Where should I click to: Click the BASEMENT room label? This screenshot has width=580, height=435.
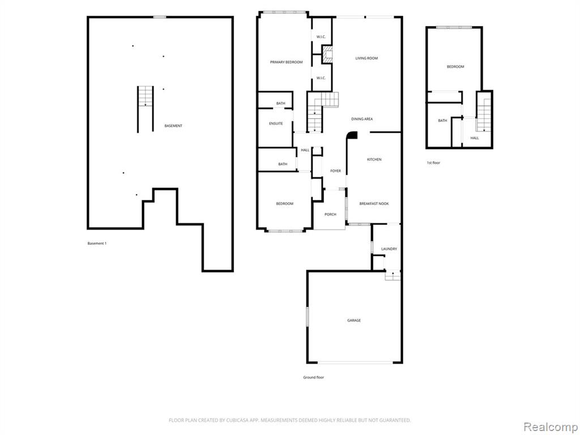pos(173,126)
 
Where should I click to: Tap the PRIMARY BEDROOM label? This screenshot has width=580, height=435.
pos(286,62)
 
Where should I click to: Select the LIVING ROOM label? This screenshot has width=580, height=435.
pos(366,58)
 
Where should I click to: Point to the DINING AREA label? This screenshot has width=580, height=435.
pos(362,119)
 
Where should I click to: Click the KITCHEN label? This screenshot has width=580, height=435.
pos(374,159)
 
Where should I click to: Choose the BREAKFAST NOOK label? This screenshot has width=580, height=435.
pos(374,203)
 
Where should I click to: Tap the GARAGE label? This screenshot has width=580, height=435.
pos(354,321)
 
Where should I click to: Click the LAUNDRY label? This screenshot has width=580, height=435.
pos(389,249)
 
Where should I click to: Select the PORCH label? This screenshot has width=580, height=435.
pos(330,215)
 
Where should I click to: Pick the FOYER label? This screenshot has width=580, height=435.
pos(335,171)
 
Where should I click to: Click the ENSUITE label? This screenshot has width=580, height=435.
pos(276,123)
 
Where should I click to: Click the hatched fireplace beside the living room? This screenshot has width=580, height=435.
pos(327,54)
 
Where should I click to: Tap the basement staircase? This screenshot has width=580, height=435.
pos(146,109)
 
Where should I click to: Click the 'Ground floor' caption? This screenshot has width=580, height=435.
pos(314,377)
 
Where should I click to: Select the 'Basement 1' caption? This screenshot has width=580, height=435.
pos(97,244)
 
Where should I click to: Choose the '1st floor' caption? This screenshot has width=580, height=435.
pos(433,163)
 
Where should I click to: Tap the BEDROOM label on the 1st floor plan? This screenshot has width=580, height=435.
pos(455,67)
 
